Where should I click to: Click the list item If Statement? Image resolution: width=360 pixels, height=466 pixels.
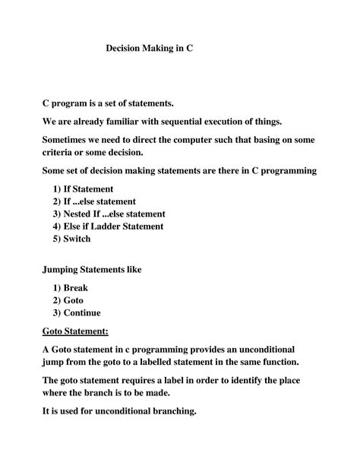coord(90,189)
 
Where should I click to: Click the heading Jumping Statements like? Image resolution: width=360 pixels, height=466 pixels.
coord(91,270)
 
